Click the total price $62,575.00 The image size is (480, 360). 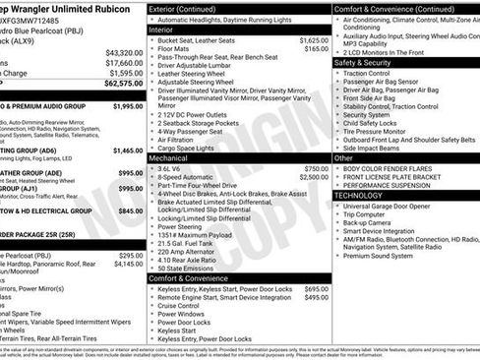[122, 83]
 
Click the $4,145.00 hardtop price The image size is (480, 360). [127, 264]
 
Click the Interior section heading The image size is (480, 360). [161, 30]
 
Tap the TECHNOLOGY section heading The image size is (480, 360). [359, 195]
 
